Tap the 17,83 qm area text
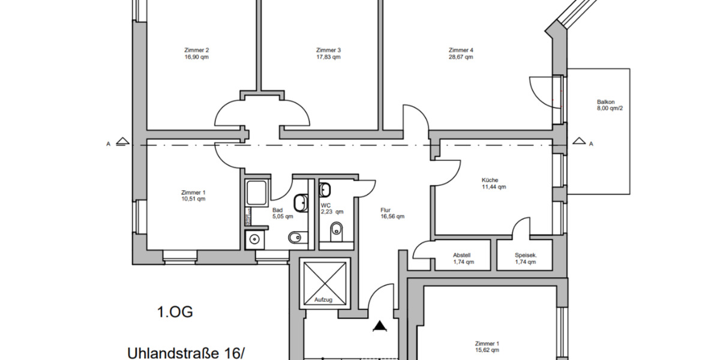[328, 58]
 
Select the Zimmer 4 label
[461, 50]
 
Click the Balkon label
[606, 102]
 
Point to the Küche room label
[490, 179]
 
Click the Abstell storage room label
[463, 255]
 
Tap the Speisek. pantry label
[526, 255]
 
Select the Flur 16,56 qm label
[392, 214]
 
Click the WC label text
[326, 205]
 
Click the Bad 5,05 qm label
[282, 213]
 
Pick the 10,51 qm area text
[194, 199]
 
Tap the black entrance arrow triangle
[379, 326]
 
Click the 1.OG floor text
[175, 312]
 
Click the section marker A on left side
[108, 143]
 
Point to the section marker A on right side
[591, 143]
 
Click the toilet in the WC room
[337, 228]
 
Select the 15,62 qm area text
[487, 351]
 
